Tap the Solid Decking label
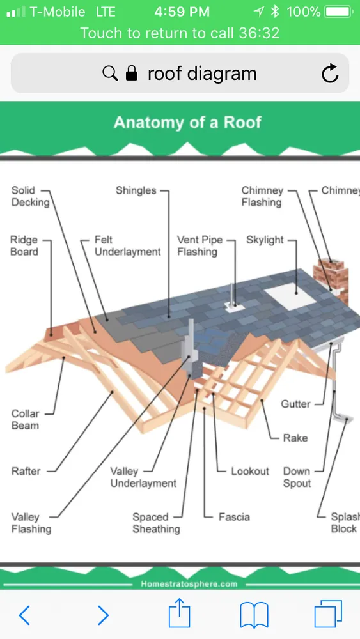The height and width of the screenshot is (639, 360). pyautogui.click(x=29, y=196)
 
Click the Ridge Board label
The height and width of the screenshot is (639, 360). pyautogui.click(x=24, y=246)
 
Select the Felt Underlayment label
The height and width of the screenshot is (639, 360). pyautogui.click(x=127, y=246)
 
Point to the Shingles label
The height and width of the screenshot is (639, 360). pyautogui.click(x=136, y=190)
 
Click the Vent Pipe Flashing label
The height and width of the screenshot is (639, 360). pyautogui.click(x=200, y=246)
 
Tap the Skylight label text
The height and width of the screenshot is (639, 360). pyautogui.click(x=265, y=240)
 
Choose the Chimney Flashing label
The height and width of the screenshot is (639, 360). pyautogui.click(x=262, y=196)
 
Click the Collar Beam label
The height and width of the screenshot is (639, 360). pyautogui.click(x=25, y=419)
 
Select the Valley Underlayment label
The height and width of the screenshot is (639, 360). pyautogui.click(x=143, y=477)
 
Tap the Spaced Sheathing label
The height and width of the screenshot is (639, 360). pyautogui.click(x=156, y=523)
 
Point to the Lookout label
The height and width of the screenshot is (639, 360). pyautogui.click(x=250, y=471)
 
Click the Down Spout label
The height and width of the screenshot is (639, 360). pyautogui.click(x=297, y=477)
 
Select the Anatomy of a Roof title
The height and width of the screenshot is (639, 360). pyautogui.click(x=187, y=122)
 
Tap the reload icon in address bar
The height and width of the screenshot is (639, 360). pyautogui.click(x=330, y=74)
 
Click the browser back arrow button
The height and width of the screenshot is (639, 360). pyautogui.click(x=24, y=615)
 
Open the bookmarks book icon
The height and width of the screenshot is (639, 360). pyautogui.click(x=254, y=615)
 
